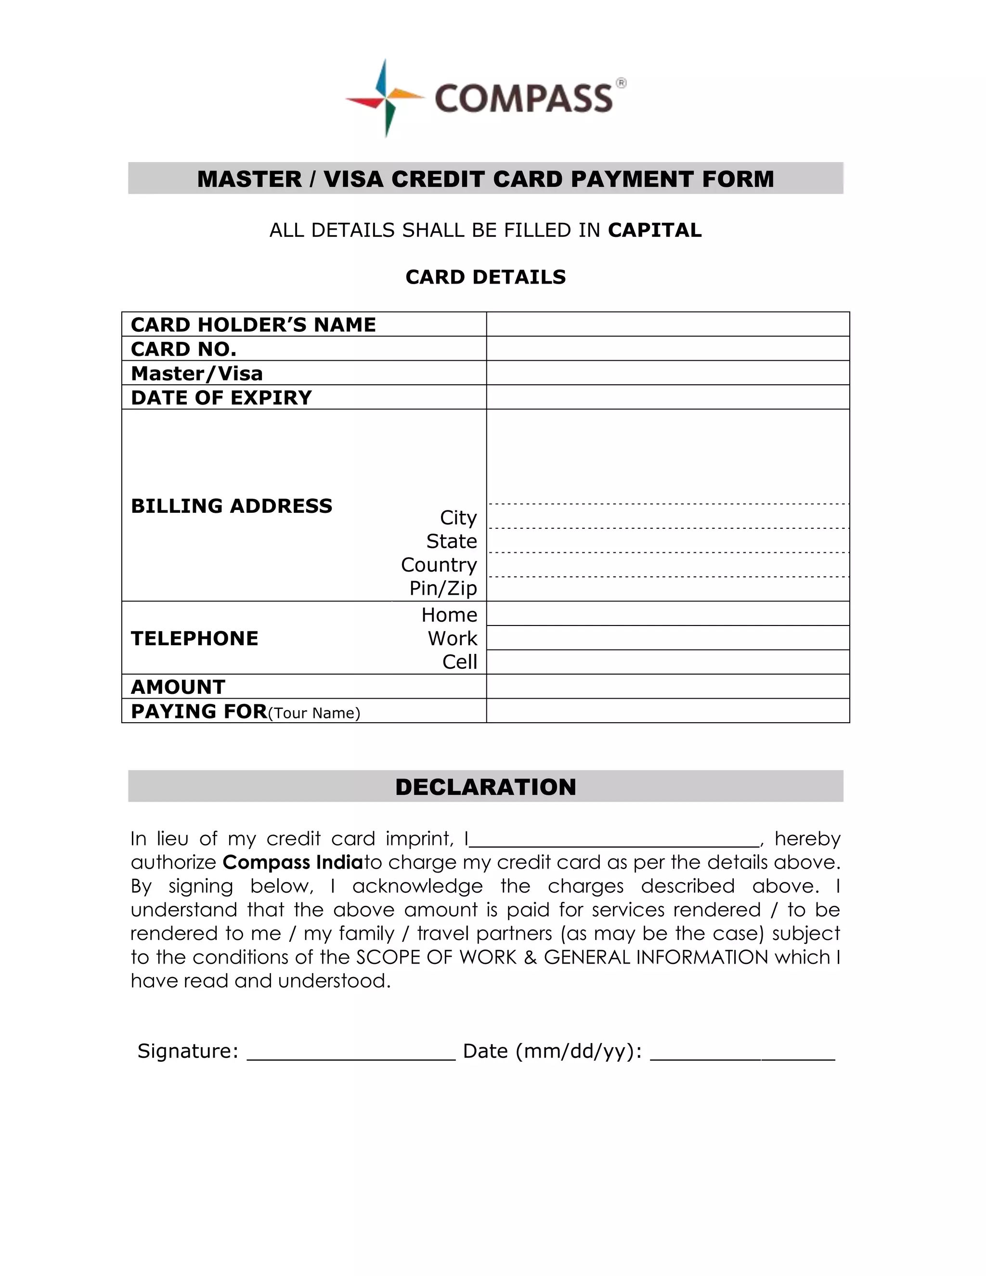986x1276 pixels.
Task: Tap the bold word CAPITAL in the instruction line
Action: point(654,230)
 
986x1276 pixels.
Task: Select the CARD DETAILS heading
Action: point(485,277)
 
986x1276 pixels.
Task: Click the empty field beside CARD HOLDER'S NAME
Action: point(668,324)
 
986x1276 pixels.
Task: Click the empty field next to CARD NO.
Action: point(668,349)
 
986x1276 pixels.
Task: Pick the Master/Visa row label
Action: point(197,373)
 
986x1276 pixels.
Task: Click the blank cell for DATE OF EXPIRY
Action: point(668,397)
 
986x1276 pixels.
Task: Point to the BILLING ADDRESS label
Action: point(231,506)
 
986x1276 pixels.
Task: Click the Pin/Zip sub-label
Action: point(443,588)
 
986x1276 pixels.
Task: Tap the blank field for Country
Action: point(668,565)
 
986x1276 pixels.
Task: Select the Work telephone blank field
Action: point(668,638)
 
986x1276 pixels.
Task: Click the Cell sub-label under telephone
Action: point(460,662)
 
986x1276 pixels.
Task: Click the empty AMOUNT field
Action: point(668,687)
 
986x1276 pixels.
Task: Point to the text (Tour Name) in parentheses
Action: point(314,714)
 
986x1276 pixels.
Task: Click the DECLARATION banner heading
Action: point(485,787)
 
